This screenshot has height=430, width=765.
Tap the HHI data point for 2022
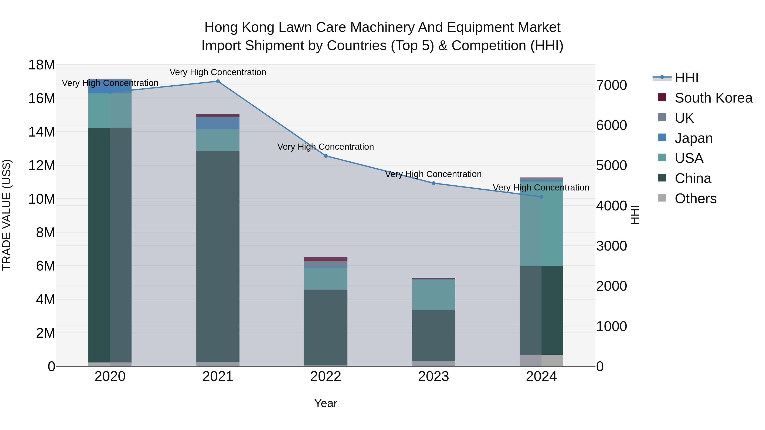tap(326, 156)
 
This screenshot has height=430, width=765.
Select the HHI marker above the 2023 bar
tap(433, 183)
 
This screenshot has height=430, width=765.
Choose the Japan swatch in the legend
tap(662, 138)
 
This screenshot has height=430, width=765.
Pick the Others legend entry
tap(695, 199)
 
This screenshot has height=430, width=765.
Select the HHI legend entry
tap(686, 78)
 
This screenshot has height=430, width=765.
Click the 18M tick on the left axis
tap(42, 65)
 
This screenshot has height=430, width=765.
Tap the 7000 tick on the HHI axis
tap(611, 85)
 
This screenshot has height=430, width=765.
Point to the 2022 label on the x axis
tap(326, 376)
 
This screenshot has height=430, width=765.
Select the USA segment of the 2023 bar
tap(433, 295)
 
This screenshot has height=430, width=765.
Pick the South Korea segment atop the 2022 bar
tap(326, 259)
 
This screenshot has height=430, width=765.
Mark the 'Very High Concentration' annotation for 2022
tap(326, 147)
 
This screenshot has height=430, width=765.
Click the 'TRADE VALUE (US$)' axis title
tap(7, 215)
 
